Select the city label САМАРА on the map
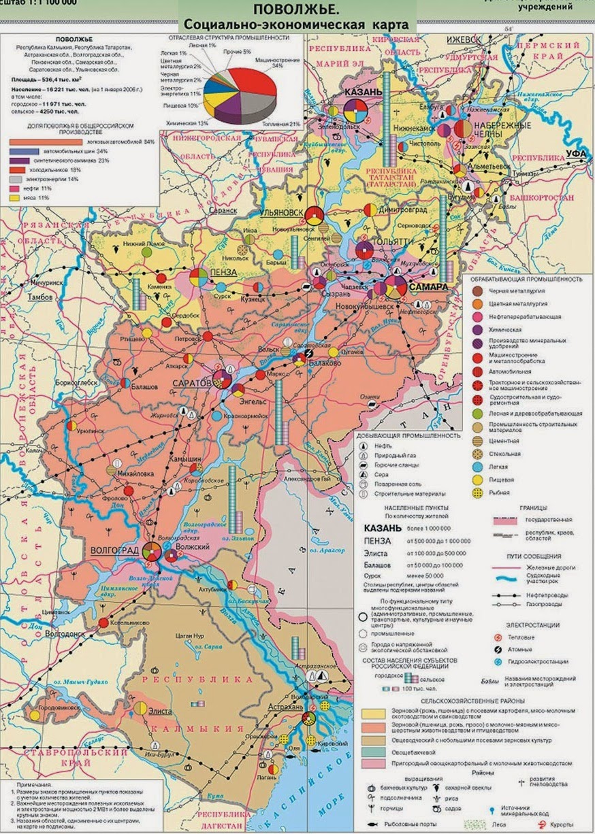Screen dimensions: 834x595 (x=428, y=287)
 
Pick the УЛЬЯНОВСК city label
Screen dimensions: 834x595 (x=279, y=213)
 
